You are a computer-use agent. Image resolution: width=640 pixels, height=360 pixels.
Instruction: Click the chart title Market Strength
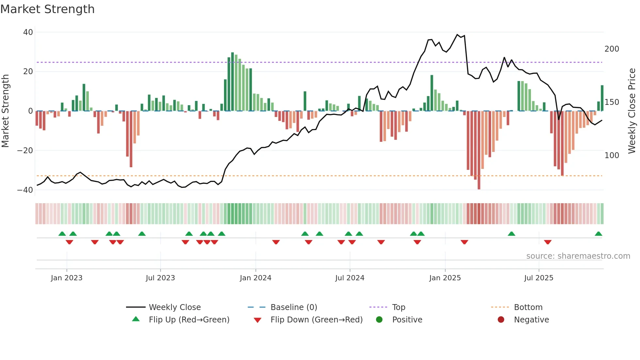tap(47, 9)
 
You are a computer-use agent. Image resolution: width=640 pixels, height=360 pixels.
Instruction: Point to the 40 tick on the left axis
tap(28, 32)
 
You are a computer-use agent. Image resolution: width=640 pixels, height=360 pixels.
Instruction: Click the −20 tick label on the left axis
tap(25, 151)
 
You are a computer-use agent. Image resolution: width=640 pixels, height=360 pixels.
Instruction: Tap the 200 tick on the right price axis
tap(612, 49)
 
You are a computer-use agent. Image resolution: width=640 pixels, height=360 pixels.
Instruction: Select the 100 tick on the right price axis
tap(612, 155)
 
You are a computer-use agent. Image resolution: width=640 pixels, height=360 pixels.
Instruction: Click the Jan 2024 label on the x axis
tap(255, 278)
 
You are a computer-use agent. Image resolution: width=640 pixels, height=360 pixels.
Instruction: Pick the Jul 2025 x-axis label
tap(538, 278)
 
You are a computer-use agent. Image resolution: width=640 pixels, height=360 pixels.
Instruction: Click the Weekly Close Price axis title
tap(632, 111)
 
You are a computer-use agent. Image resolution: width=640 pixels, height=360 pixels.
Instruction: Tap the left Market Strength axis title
tap(6, 111)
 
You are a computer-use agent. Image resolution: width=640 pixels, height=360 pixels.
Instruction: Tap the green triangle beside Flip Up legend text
tap(136, 319)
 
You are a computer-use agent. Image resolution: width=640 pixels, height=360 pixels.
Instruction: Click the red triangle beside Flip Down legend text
tap(257, 320)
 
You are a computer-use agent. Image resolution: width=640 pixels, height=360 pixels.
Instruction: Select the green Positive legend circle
tap(379, 319)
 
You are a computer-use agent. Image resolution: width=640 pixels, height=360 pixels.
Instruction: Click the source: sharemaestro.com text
tap(578, 256)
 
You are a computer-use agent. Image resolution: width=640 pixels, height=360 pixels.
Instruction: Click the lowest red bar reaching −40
tap(479, 150)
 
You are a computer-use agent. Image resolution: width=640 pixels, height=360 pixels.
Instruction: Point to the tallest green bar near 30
tap(232, 82)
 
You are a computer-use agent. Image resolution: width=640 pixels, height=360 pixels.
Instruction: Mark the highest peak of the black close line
tap(457, 35)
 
